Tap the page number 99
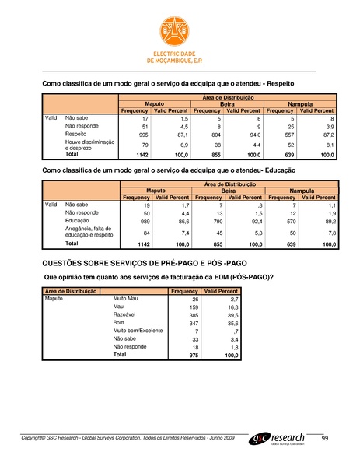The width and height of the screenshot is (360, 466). tap(325, 440)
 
